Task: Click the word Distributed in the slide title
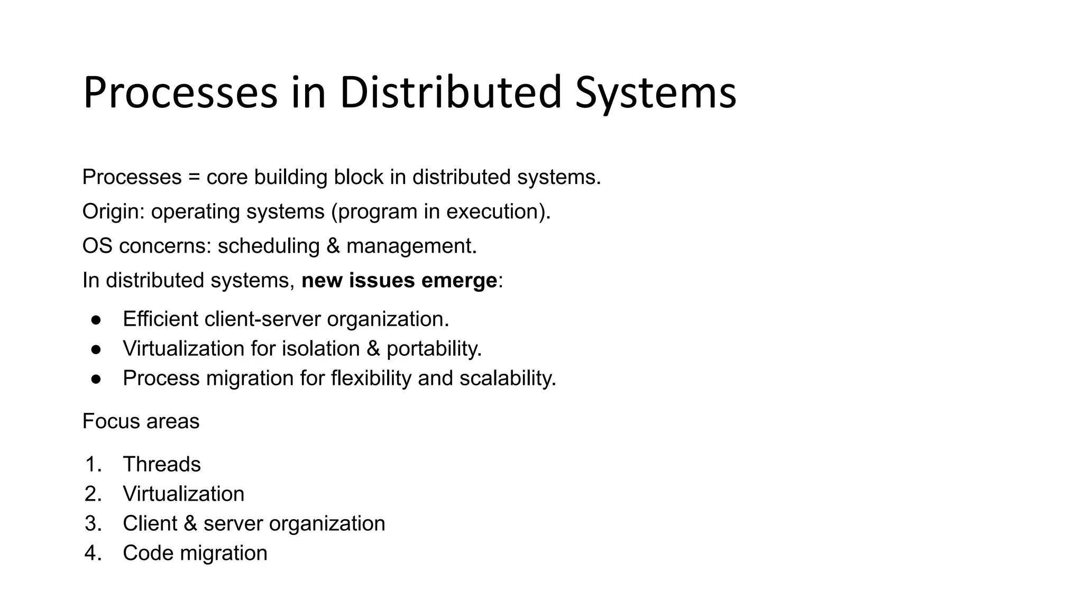pos(450,93)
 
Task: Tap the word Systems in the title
pos(655,93)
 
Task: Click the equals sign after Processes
pos(194,177)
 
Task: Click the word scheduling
pos(269,246)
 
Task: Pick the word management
pos(411,246)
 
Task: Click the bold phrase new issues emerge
pos(399,280)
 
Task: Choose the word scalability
pos(508,379)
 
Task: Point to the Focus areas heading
pos(141,421)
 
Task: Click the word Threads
pos(162,464)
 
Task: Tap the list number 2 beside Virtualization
pos(92,494)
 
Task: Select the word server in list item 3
pos(233,523)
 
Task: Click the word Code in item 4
pos(148,553)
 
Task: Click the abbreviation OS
pos(97,246)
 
